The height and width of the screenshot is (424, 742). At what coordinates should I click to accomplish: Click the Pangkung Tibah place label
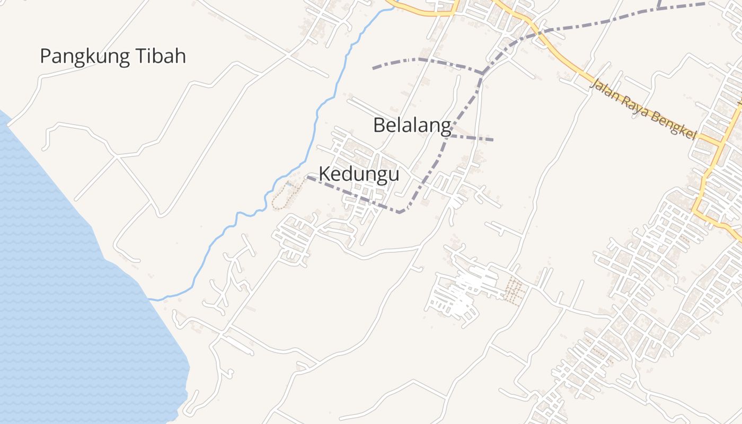(x=113, y=56)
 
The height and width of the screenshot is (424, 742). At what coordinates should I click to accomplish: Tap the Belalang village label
(x=412, y=126)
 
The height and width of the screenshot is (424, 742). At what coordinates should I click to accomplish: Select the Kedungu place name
(x=359, y=174)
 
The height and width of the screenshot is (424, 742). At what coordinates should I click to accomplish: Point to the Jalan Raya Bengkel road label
(x=642, y=108)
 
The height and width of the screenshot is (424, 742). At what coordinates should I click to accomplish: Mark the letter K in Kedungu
(x=324, y=174)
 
